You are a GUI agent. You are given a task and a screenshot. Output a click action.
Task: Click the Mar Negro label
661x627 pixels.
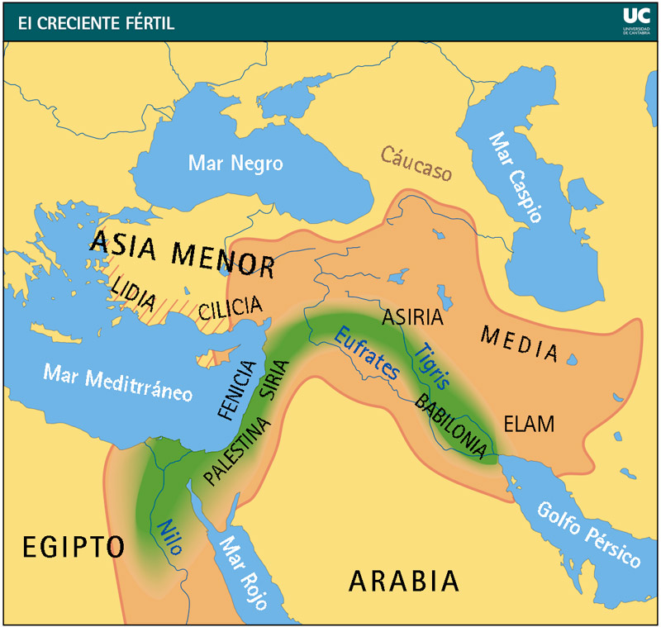[x=235, y=163]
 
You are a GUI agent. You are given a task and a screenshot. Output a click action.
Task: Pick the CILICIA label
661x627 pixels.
[x=231, y=307]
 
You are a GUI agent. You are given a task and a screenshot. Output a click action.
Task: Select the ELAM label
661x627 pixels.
[x=526, y=424]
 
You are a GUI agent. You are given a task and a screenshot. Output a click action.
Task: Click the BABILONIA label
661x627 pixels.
[x=449, y=425]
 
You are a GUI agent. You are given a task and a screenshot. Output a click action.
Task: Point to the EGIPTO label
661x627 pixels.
[x=74, y=547]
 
